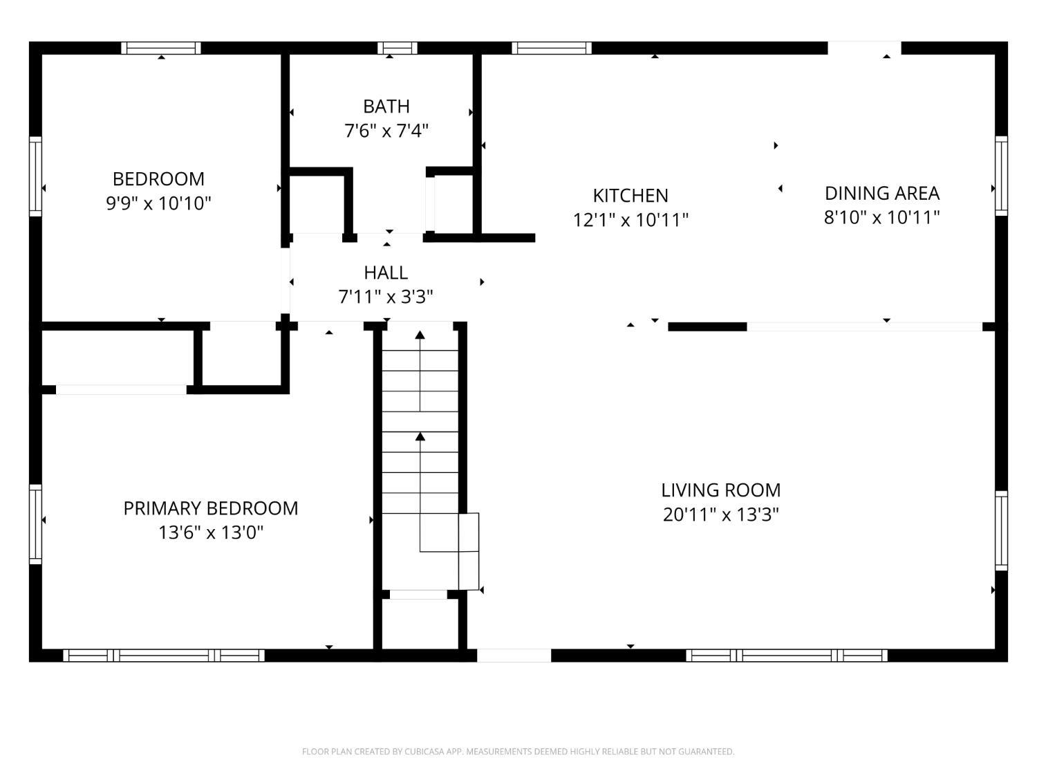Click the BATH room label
click(386, 106)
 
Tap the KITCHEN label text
click(630, 195)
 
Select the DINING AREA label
click(881, 193)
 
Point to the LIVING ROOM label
click(720, 490)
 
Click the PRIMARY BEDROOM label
click(211, 508)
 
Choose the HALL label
click(386, 272)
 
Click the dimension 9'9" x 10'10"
click(158, 203)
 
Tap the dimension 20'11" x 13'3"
click(720, 515)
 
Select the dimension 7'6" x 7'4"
click(386, 131)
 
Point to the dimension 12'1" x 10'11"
click(630, 220)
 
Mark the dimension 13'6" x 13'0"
click(211, 532)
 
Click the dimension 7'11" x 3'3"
click(386, 297)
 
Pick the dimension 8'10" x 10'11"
click(881, 217)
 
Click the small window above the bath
click(397, 48)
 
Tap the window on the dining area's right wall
click(1001, 176)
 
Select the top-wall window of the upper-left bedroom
click(161, 48)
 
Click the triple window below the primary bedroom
click(164, 655)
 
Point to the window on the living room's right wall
click(1001, 530)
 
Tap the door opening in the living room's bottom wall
click(514, 655)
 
